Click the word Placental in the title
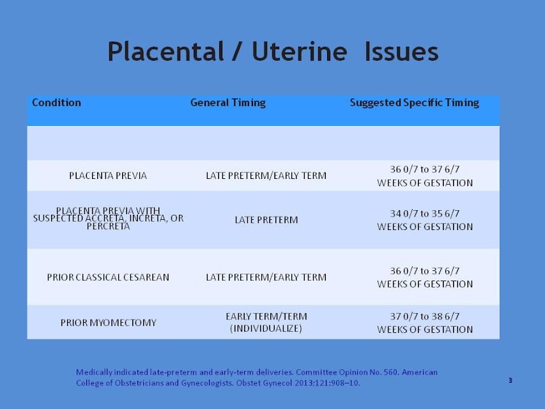click(x=165, y=52)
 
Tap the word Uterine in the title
click(x=299, y=52)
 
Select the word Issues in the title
click(x=401, y=52)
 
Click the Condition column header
click(x=56, y=103)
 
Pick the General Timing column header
click(x=228, y=103)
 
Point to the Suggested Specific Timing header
click(x=414, y=103)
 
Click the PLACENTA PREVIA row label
click(x=108, y=176)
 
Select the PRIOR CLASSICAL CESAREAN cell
click(x=108, y=277)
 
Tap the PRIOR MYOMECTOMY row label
click(x=109, y=323)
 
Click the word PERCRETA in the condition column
click(x=108, y=226)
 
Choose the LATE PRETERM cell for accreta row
click(x=266, y=220)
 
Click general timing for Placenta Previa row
click(x=266, y=176)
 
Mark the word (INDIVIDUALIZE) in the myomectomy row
click(x=266, y=328)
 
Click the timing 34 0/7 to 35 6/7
click(x=425, y=213)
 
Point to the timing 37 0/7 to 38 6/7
click(x=425, y=316)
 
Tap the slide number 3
click(x=510, y=380)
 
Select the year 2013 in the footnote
click(x=304, y=383)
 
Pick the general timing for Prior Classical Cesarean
click(x=266, y=277)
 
